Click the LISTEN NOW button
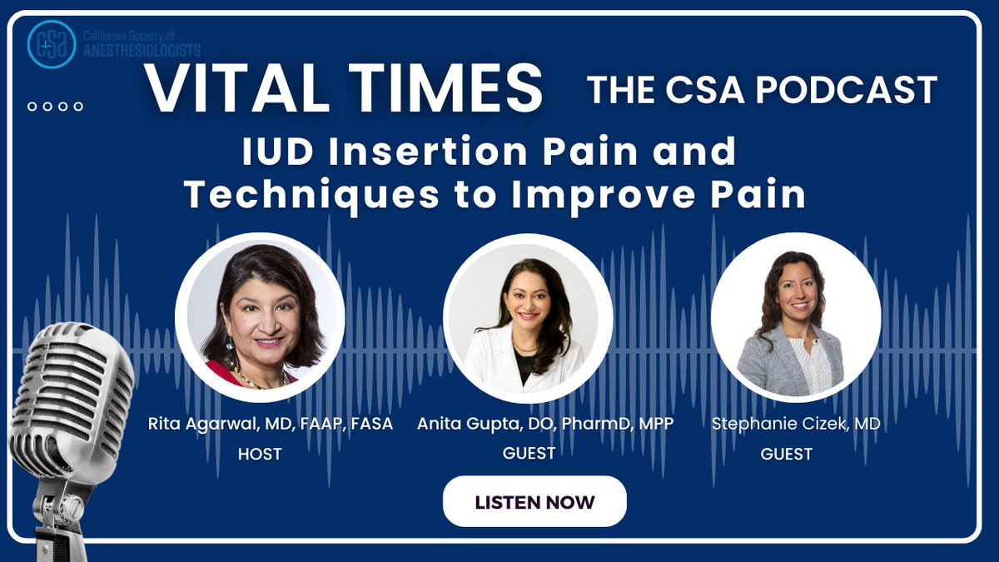coord(534,502)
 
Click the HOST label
coord(260,455)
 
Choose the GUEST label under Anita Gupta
coord(529,454)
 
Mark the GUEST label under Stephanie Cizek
coord(787,455)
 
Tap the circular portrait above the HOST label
coord(260,320)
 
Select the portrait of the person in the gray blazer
coord(796,318)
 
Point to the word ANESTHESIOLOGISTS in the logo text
coord(142,52)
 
